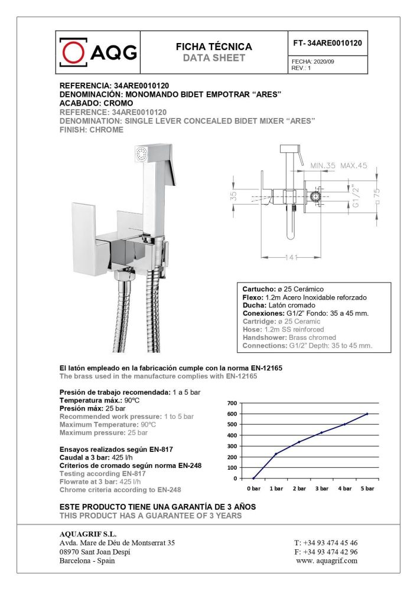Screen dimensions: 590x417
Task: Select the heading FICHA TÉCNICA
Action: (214, 47)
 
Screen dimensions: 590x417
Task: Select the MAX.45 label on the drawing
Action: (354, 166)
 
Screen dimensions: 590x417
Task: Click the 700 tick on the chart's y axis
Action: (232, 403)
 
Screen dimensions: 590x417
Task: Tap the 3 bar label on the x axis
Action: (321, 489)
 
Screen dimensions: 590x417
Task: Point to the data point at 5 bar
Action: (367, 414)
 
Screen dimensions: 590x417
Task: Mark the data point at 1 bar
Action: (276, 454)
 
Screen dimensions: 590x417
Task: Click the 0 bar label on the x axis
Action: (253, 489)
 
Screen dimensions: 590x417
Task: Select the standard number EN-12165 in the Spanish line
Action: (263, 368)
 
